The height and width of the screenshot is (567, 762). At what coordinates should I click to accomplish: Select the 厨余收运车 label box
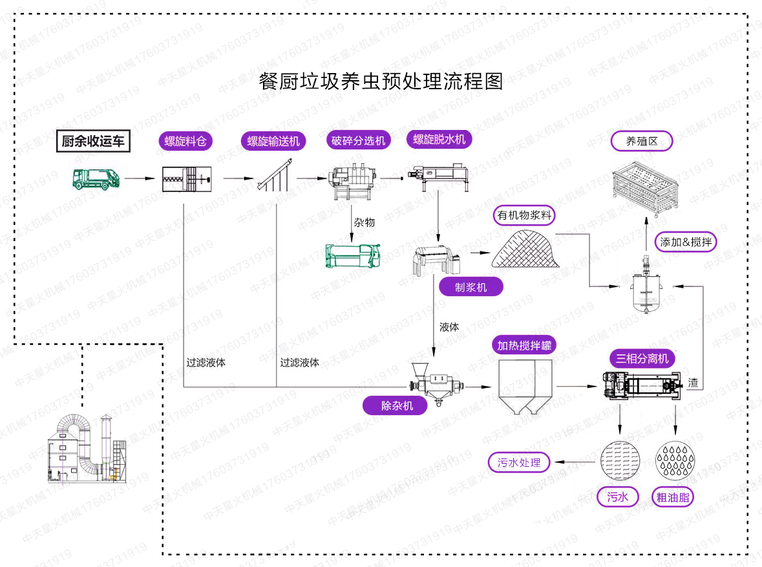pyautogui.click(x=93, y=141)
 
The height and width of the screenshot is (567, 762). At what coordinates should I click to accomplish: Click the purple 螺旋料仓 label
pyautogui.click(x=185, y=142)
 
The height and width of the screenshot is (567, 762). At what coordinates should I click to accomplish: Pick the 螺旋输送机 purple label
pyautogui.click(x=273, y=142)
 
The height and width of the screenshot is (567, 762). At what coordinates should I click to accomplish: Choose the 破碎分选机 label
pyautogui.click(x=358, y=140)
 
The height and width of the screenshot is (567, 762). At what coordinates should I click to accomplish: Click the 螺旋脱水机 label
pyautogui.click(x=439, y=139)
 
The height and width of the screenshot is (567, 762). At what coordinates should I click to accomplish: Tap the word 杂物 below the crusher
pyautogui.click(x=364, y=222)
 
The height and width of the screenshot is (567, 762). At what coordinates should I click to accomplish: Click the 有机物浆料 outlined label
pyautogui.click(x=525, y=215)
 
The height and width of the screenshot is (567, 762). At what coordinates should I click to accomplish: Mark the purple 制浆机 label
pyautogui.click(x=471, y=287)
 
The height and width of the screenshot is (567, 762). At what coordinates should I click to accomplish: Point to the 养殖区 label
pyautogui.click(x=642, y=141)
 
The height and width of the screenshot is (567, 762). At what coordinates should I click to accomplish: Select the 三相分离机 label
pyautogui.click(x=642, y=359)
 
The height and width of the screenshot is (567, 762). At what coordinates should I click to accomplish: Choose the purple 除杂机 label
pyautogui.click(x=396, y=406)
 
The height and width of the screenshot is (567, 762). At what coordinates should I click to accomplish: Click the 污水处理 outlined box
pyautogui.click(x=520, y=462)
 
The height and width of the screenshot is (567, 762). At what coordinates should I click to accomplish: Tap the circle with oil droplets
pyautogui.click(x=675, y=460)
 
